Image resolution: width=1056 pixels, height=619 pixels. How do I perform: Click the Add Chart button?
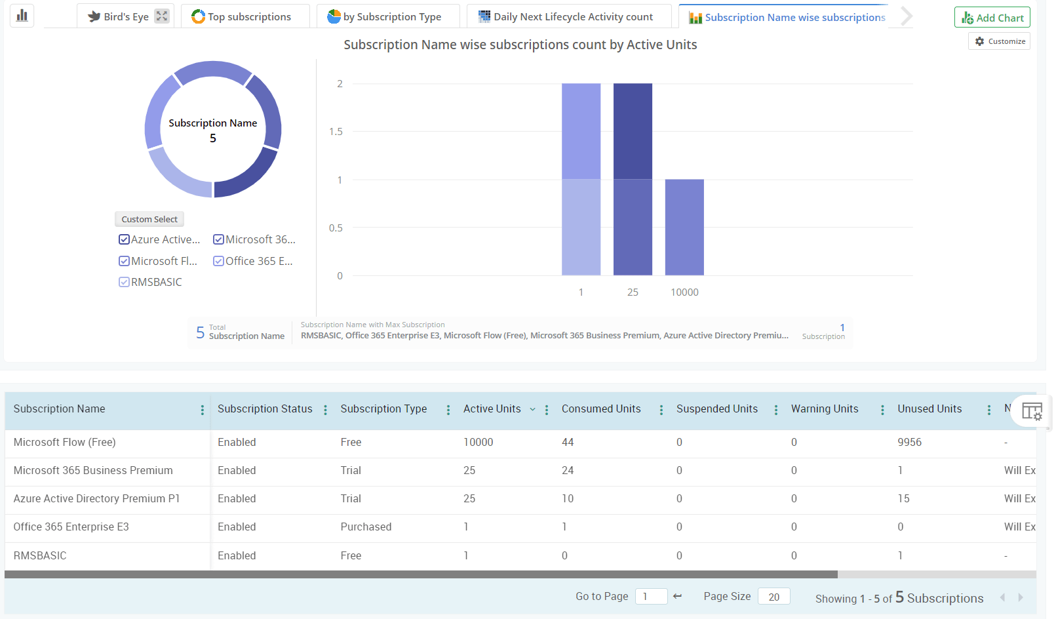pos(992,18)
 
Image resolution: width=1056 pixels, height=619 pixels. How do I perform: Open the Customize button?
pos(1000,41)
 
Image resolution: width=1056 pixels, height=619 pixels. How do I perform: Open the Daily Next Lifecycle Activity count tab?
pos(568,17)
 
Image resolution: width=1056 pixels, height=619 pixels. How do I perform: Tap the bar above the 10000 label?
pos(684,227)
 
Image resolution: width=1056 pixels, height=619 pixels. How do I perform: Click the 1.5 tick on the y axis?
pos(336,132)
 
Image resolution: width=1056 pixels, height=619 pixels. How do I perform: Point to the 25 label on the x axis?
pos(633,292)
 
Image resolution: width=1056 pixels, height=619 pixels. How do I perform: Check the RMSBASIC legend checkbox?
pos(124,282)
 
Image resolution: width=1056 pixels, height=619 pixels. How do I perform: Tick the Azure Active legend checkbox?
pos(124,240)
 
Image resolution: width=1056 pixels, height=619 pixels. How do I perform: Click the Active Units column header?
pos(492,409)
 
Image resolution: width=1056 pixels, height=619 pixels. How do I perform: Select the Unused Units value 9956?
pos(909,443)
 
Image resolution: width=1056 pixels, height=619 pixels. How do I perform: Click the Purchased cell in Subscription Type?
pos(366,527)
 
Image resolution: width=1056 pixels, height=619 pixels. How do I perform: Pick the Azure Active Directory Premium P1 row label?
pos(96,499)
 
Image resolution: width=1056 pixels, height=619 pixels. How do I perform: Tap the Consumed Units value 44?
pos(568,443)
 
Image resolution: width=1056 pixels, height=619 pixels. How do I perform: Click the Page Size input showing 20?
pos(773,597)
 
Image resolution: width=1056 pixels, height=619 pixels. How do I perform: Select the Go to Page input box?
pos(651,597)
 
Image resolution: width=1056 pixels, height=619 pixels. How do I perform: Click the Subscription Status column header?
pos(265,409)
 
